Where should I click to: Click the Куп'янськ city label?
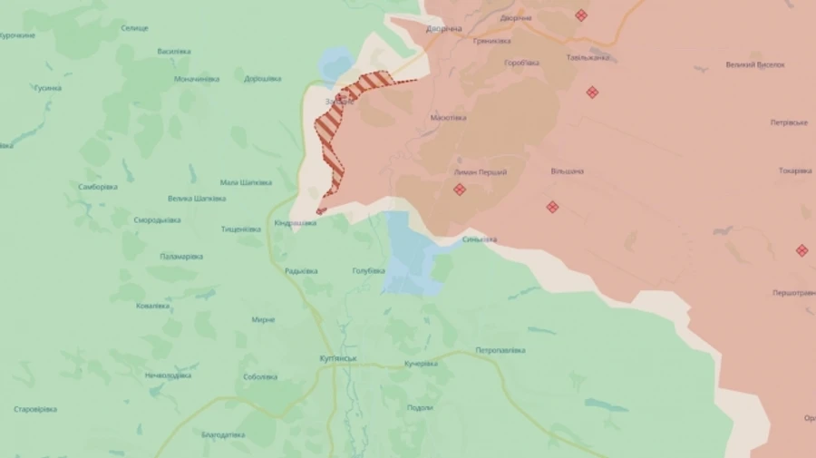(x=339, y=358)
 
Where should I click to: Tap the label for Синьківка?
(x=480, y=239)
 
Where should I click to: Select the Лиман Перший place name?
(x=481, y=172)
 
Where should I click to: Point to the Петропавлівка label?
(x=500, y=350)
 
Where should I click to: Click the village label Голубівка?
(x=368, y=270)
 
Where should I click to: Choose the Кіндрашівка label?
(x=296, y=222)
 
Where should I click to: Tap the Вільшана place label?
(x=567, y=171)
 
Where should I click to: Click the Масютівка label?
(x=449, y=117)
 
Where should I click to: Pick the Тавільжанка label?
(x=588, y=58)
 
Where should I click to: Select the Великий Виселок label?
(x=755, y=64)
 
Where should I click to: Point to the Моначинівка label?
(x=197, y=79)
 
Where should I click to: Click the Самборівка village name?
(x=98, y=187)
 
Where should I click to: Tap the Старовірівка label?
(x=36, y=409)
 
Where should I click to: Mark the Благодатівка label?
(x=223, y=434)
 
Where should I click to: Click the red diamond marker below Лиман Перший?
(x=460, y=190)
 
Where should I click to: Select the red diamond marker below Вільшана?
(x=552, y=207)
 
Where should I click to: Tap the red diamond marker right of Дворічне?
(x=581, y=15)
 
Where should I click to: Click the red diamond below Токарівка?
(x=801, y=250)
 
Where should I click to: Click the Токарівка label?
(x=795, y=171)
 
